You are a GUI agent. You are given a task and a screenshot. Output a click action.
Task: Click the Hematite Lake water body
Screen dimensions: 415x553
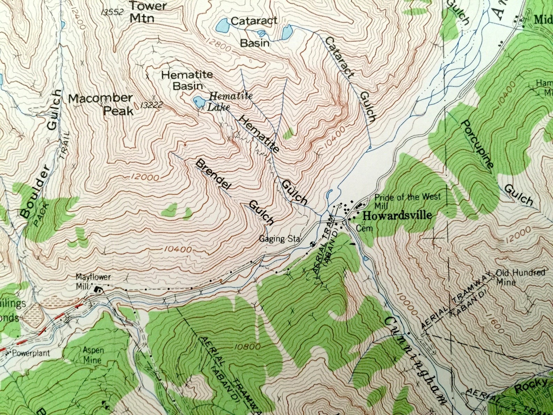pos(199,102)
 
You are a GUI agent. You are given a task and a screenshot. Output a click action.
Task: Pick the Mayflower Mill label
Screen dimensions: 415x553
pos(93,281)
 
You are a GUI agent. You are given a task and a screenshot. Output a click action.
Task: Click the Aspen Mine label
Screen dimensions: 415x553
pos(93,354)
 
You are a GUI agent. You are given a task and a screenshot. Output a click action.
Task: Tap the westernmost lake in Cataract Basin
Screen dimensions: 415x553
pos(223,25)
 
